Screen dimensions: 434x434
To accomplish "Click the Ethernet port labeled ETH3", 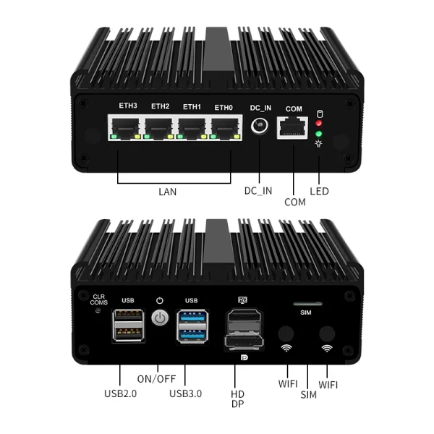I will (127, 129).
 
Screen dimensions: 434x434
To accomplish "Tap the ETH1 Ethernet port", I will (191, 129).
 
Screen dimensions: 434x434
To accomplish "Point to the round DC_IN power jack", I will (260, 129).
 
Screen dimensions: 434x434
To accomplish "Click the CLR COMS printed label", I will (99, 299).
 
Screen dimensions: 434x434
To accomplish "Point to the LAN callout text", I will (168, 192).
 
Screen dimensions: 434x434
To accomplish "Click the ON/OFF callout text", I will (156, 378).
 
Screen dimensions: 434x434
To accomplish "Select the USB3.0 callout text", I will (185, 393).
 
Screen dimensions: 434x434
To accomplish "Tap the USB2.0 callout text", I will (120, 393).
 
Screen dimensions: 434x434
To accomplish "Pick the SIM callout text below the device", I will (309, 395).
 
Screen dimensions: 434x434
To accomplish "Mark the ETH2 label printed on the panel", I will (160, 106).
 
